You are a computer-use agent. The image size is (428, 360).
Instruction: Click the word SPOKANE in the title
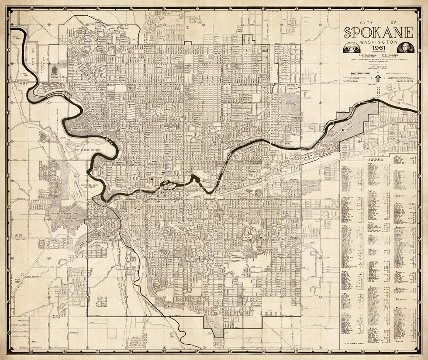378,33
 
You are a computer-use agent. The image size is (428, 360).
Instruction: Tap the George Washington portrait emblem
404,47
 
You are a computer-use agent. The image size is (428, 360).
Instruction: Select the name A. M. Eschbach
366,55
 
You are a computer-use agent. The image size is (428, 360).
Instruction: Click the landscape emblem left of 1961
352,47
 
